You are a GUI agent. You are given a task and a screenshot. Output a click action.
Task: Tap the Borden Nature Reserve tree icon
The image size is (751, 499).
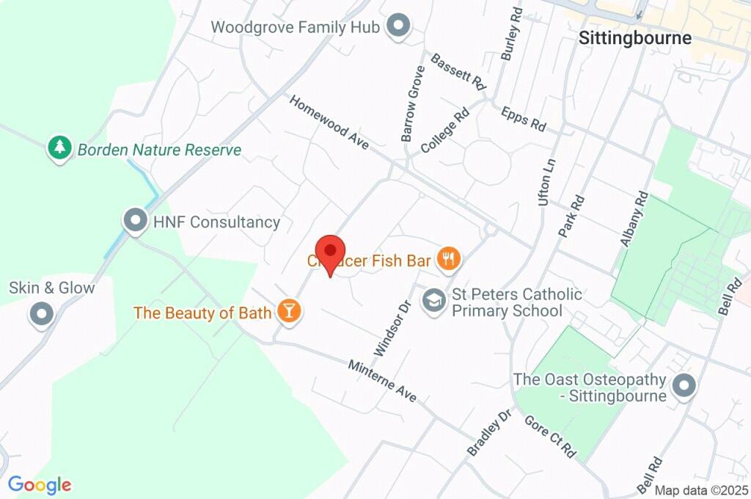(x=59, y=148)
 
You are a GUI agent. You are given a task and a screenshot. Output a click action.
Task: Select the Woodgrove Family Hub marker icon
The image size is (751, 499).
(x=398, y=26)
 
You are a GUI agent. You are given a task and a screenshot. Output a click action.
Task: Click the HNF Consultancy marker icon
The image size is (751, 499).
(x=135, y=221)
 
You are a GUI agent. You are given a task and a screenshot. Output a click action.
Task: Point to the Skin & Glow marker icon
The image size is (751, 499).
(x=41, y=315)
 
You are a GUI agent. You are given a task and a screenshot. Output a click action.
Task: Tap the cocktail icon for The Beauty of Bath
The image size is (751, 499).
(x=289, y=311)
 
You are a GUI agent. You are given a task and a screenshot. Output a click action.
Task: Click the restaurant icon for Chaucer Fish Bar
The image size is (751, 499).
(x=448, y=258)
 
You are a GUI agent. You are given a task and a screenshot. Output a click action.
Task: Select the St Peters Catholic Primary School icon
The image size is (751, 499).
(x=433, y=300)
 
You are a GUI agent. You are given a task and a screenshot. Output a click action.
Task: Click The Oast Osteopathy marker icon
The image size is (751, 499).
(x=684, y=386)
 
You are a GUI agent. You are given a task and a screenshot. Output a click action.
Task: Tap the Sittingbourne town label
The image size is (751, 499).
(x=634, y=38)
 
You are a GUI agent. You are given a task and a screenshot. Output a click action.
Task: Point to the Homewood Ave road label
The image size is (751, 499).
(x=329, y=123)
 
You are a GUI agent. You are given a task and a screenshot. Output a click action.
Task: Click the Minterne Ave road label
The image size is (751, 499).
(x=382, y=381)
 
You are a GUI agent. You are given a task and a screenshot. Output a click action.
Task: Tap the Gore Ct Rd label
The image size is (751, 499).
(x=550, y=437)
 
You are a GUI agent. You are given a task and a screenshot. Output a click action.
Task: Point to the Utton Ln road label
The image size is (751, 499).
(x=546, y=181)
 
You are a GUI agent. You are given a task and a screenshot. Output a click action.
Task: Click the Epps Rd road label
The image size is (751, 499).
(x=524, y=119)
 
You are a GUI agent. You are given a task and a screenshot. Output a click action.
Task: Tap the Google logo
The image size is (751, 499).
(x=40, y=484)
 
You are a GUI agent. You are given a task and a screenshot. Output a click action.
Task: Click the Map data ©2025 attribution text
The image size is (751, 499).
(x=700, y=490)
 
